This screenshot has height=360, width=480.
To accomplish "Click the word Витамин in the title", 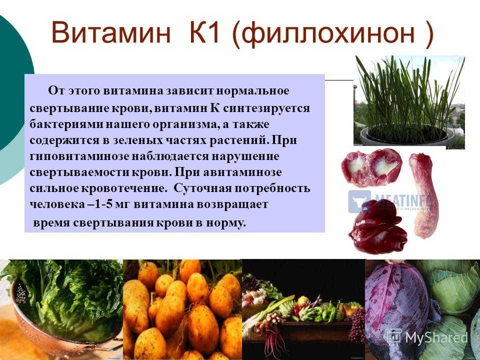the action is (x=111, y=32).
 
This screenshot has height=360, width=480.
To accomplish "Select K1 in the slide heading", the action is (x=205, y=32).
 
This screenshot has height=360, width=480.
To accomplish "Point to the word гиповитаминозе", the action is (x=79, y=156).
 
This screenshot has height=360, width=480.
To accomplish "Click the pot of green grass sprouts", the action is (x=409, y=102).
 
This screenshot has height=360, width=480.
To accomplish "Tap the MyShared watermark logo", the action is (x=426, y=337).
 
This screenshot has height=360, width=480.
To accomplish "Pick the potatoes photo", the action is (x=182, y=309).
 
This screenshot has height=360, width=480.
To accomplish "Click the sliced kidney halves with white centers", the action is (x=371, y=168).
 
